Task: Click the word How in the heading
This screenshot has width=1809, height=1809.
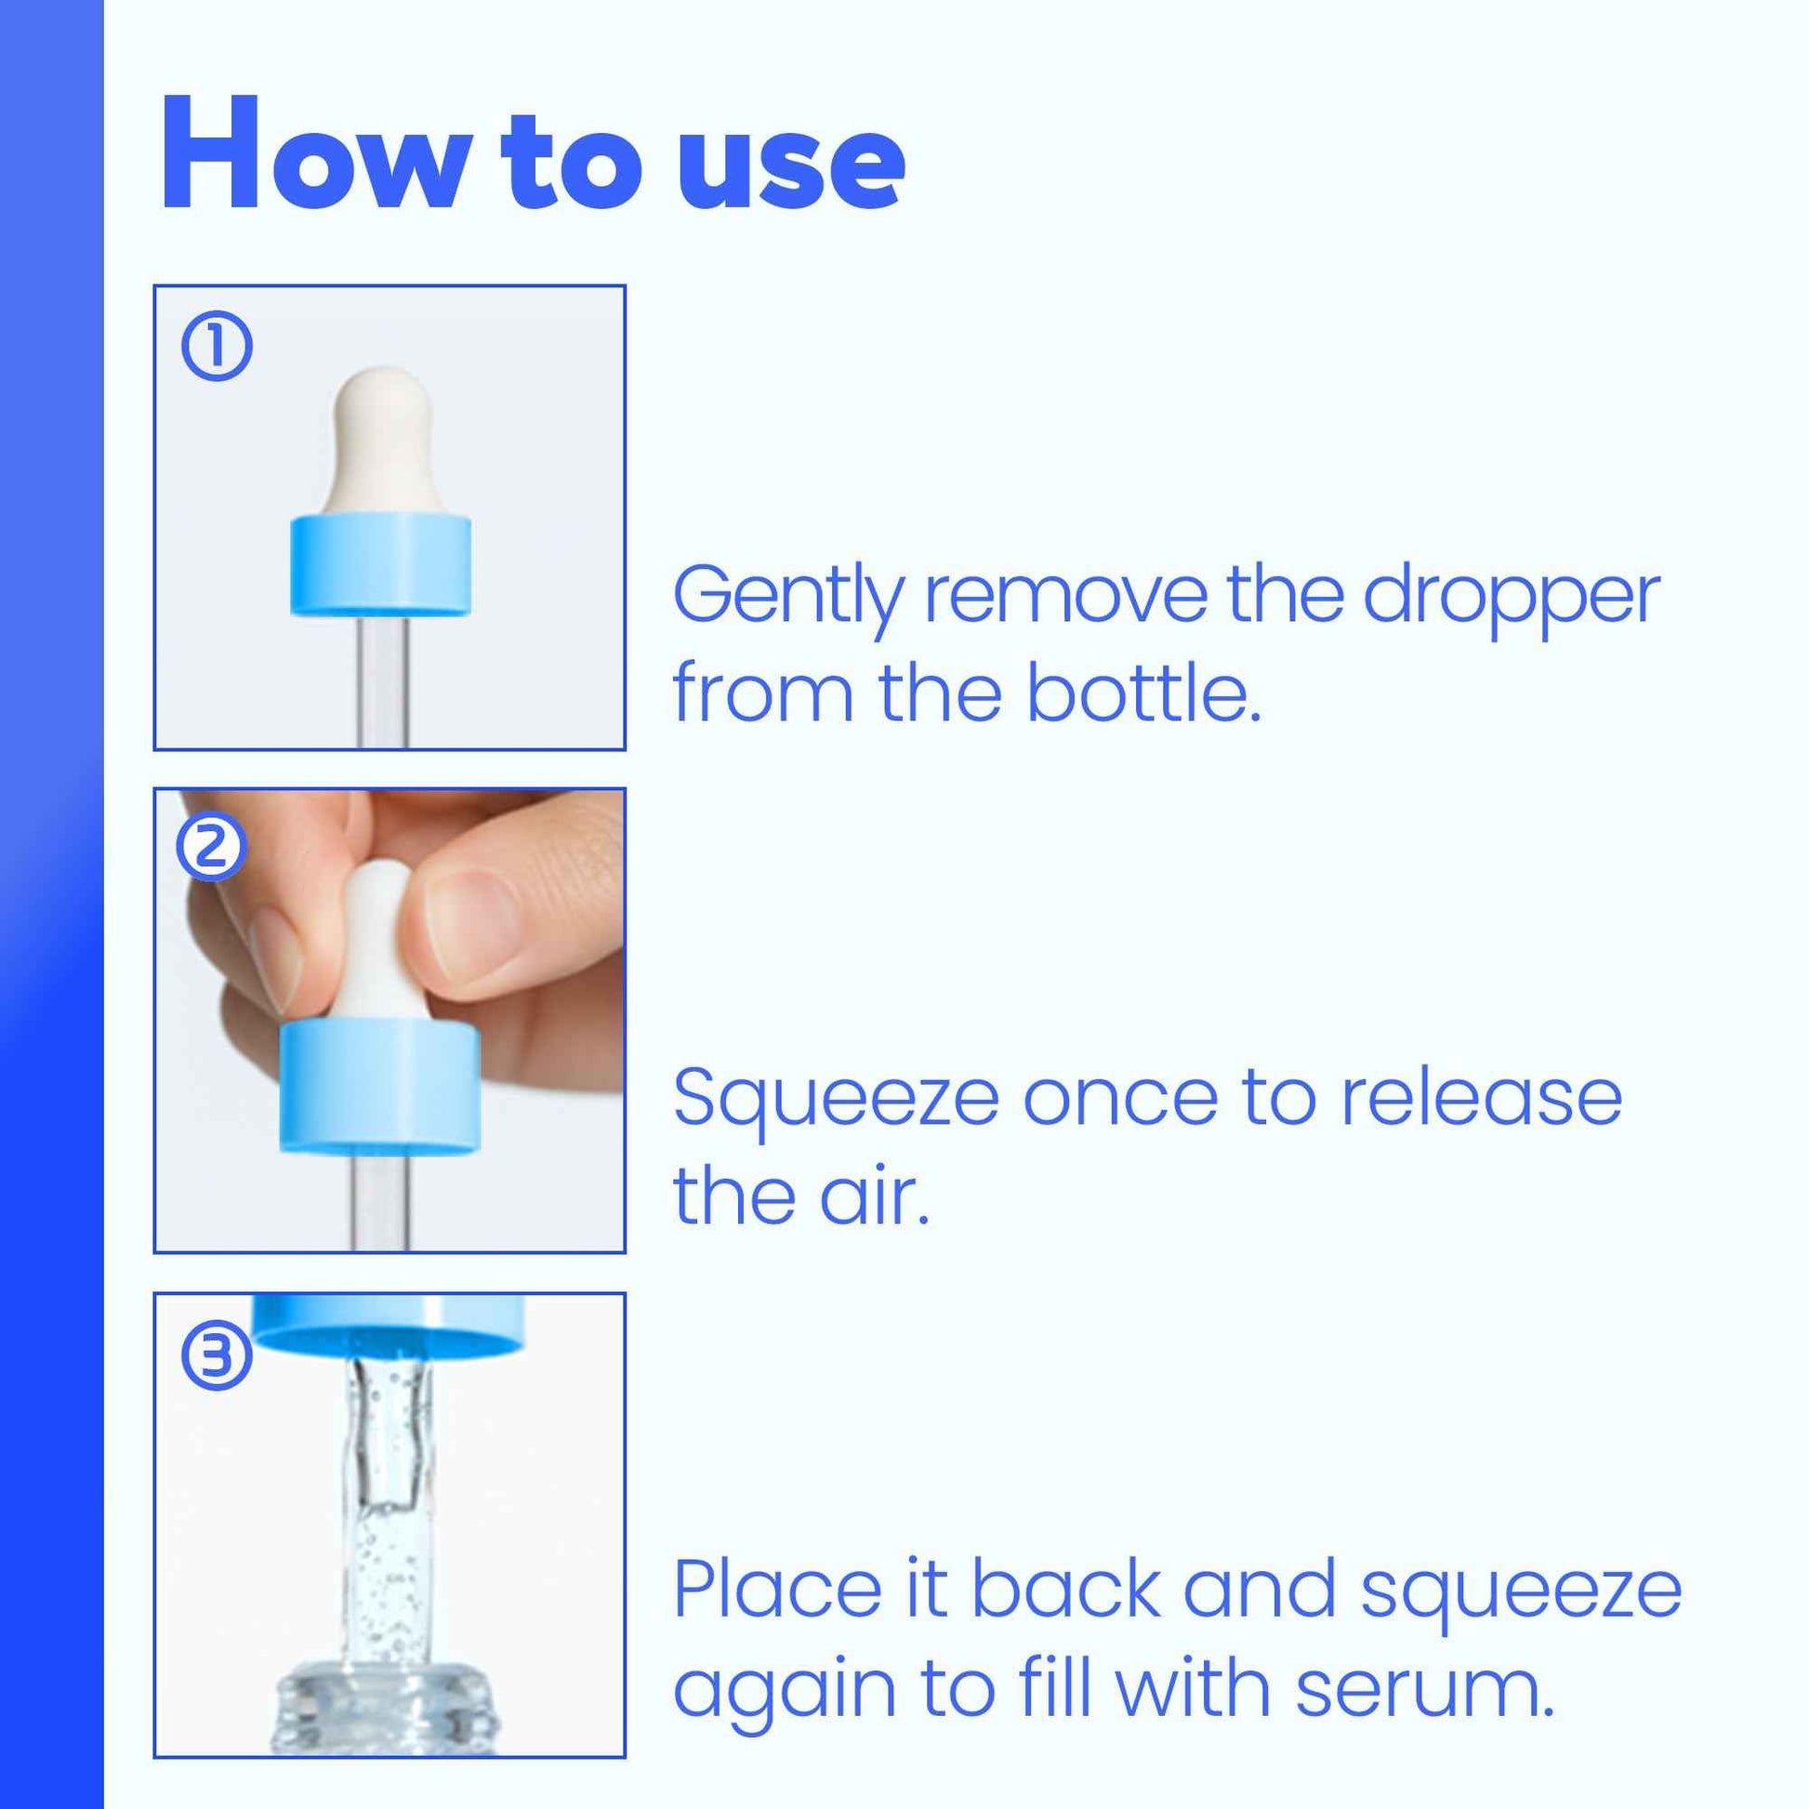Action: (x=313, y=154)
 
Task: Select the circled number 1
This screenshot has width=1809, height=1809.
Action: (x=217, y=348)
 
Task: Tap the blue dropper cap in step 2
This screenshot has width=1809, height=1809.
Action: (x=380, y=1088)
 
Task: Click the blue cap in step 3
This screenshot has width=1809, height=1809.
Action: (x=389, y=1324)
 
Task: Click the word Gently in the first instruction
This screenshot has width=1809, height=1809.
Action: (x=788, y=598)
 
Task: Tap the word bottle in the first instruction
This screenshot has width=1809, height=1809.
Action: (x=1142, y=694)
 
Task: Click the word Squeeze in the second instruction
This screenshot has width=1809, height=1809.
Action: (x=835, y=1101)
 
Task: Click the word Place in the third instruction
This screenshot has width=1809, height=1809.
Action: (x=777, y=1590)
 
